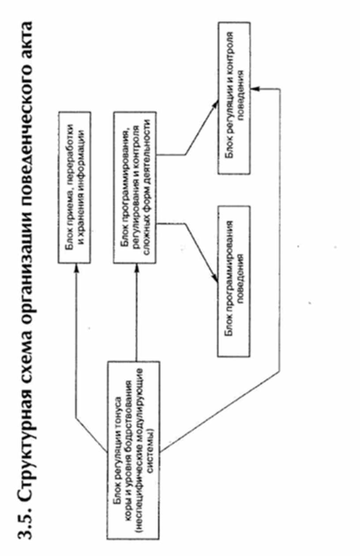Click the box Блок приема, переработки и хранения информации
tap(75, 188)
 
